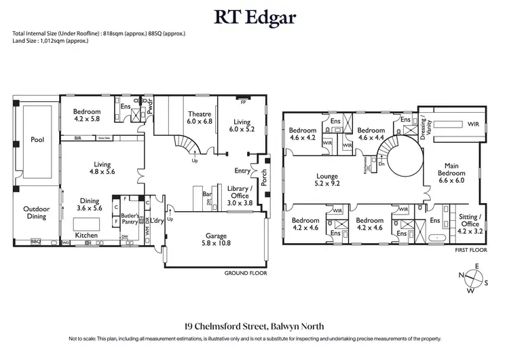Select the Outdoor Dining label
tap(35, 213)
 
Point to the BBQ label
tap(36, 242)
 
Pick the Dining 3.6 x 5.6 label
tap(89, 206)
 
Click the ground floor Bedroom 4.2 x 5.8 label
tap(87, 115)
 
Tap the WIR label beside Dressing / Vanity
tap(473, 124)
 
